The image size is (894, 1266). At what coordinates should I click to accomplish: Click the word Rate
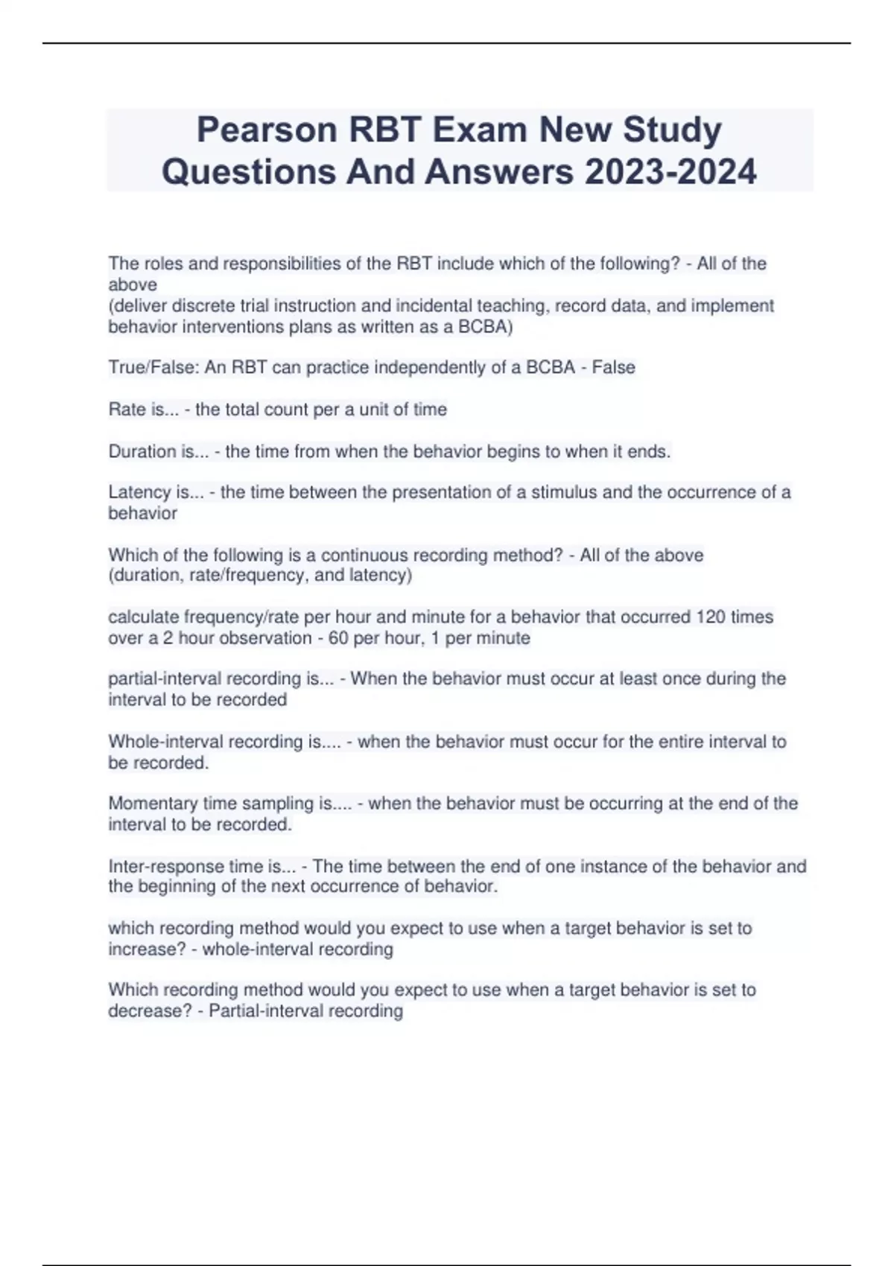point(127,410)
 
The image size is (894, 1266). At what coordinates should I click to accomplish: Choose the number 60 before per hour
point(340,638)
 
